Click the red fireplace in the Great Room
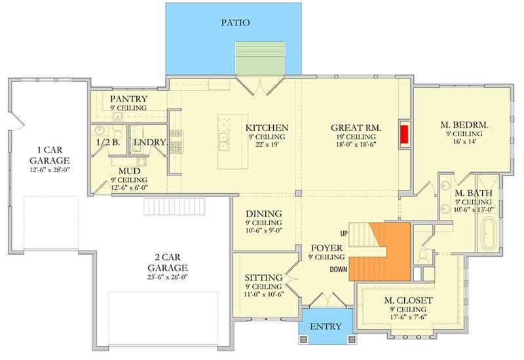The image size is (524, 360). pyautogui.click(x=405, y=135)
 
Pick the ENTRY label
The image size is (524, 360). pyautogui.click(x=326, y=326)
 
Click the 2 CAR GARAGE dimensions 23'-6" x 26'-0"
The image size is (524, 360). pyautogui.click(x=168, y=278)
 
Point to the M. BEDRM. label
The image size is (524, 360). pyautogui.click(x=465, y=124)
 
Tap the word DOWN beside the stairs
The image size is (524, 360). pyautogui.click(x=338, y=268)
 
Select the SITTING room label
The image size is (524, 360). pyautogui.click(x=263, y=278)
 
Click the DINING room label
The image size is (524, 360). pyautogui.click(x=264, y=214)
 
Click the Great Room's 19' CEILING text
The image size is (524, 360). pyautogui.click(x=356, y=137)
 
